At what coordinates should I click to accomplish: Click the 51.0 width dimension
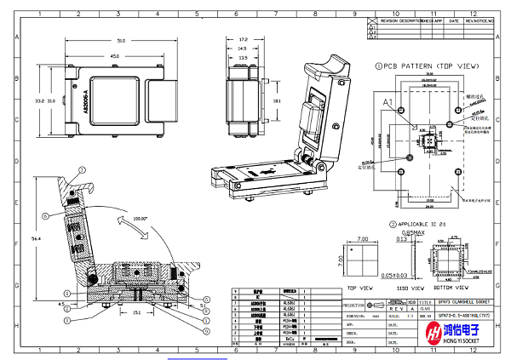pyautogui.click(x=121, y=40)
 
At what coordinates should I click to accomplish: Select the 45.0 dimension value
pyautogui.click(x=112, y=57)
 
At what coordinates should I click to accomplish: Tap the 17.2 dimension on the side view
pyautogui.click(x=243, y=39)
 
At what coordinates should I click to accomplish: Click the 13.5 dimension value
pyautogui.click(x=242, y=58)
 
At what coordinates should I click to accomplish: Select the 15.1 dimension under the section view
pyautogui.click(x=137, y=311)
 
